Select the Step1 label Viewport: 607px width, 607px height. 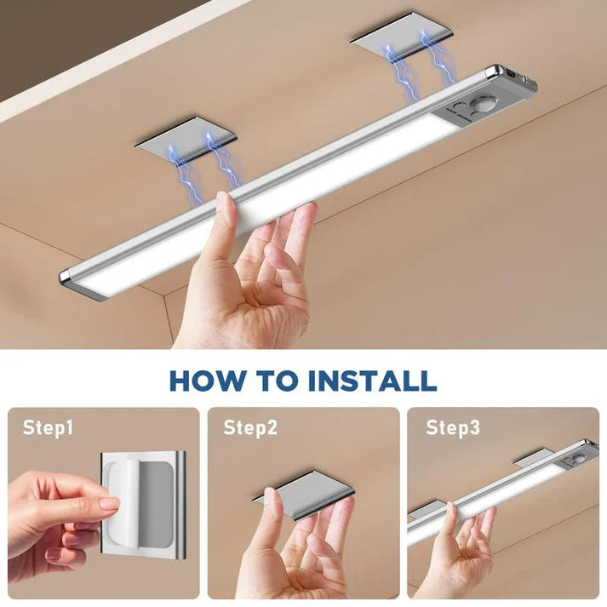coord(48,427)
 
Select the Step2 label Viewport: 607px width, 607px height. coord(250,427)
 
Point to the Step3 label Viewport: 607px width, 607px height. coord(453,427)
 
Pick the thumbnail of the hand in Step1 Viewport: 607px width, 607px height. coord(109,503)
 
